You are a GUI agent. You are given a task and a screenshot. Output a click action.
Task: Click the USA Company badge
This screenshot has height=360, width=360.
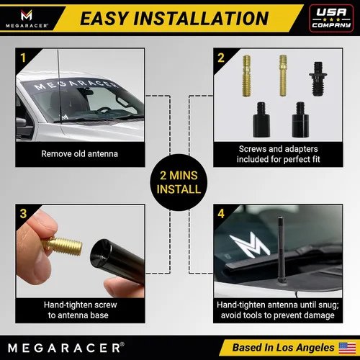pos(331,18)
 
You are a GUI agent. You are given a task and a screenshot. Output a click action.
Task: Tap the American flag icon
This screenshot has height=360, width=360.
pos(347,348)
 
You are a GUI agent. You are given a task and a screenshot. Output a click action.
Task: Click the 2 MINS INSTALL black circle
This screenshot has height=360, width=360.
pos(179,182)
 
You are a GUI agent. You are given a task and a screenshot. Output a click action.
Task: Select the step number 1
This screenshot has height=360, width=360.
pos(23,58)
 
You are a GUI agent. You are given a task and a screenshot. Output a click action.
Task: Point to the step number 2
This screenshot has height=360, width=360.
pos(221,58)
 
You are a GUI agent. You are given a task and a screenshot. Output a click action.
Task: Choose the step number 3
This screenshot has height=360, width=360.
pos(23,214)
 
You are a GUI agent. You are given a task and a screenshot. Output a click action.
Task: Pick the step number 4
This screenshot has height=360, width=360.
pos(221,214)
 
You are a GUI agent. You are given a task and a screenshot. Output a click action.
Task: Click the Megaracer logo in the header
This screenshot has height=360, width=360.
pos(27,19)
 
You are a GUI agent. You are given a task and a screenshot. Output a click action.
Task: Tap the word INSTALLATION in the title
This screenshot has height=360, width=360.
pos(201,19)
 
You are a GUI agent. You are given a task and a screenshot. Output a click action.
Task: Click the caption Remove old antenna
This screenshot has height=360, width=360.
pos(79,154)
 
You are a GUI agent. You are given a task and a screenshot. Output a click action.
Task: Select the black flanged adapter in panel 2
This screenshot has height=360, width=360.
pos(318,78)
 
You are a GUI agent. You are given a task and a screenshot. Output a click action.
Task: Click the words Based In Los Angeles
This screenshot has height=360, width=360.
pos(283,348)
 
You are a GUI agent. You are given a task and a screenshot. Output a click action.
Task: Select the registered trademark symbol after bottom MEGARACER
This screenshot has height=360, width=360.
pos(122,344)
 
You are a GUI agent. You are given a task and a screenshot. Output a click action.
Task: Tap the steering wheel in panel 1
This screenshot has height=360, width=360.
pos(104,110)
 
